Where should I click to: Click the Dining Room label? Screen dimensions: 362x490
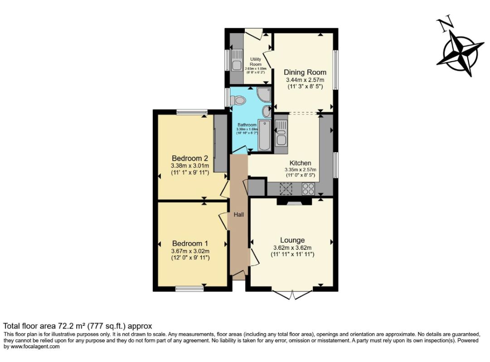(305, 72)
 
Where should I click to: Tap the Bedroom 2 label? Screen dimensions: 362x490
(189, 158)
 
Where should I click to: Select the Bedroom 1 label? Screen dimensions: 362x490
(189, 243)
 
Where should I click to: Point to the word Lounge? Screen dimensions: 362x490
(292, 240)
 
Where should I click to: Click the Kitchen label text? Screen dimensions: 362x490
(300, 163)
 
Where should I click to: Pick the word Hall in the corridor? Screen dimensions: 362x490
(238, 215)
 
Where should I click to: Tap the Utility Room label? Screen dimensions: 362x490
(256, 62)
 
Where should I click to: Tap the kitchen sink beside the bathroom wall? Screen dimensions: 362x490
(281, 131)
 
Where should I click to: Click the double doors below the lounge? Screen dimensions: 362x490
(293, 295)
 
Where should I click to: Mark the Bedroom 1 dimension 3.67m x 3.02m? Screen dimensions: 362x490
(190, 251)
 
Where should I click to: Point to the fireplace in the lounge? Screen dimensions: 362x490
(294, 201)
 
